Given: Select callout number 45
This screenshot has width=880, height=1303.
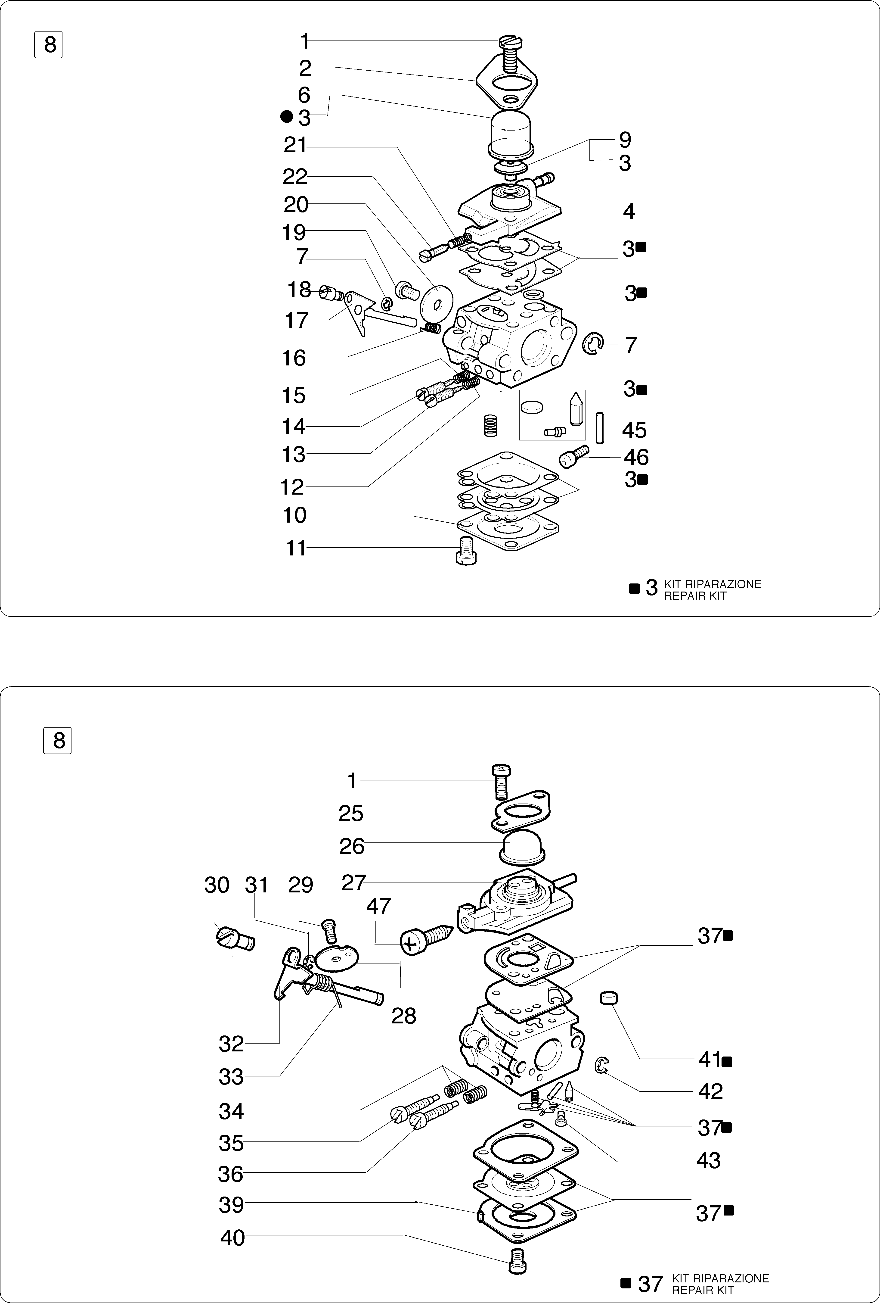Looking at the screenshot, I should tap(635, 431).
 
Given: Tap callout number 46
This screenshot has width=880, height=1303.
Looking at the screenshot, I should tap(636, 458).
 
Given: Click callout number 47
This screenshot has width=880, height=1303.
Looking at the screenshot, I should tap(378, 906).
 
